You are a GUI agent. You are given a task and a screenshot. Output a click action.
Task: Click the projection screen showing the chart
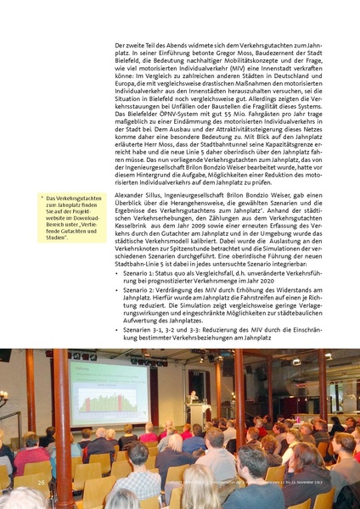click(110, 395)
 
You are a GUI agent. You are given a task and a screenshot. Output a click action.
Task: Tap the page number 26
click(41, 482)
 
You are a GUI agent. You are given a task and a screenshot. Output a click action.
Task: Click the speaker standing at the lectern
click(196, 413)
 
